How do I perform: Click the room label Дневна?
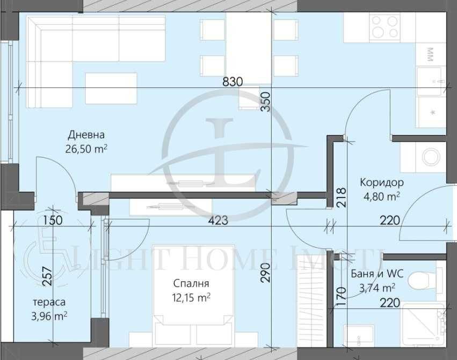pyautogui.click(x=86, y=135)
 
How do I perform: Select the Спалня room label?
pyautogui.click(x=191, y=284)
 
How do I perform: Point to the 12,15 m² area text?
pyautogui.click(x=191, y=297)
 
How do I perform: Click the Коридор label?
pyautogui.click(x=382, y=182)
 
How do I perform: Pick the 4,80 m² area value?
pyautogui.click(x=382, y=196)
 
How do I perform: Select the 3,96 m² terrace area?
pyautogui.click(x=49, y=316)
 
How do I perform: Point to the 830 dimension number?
pyautogui.click(x=233, y=82)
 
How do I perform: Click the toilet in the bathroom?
pyautogui.click(x=418, y=280)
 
